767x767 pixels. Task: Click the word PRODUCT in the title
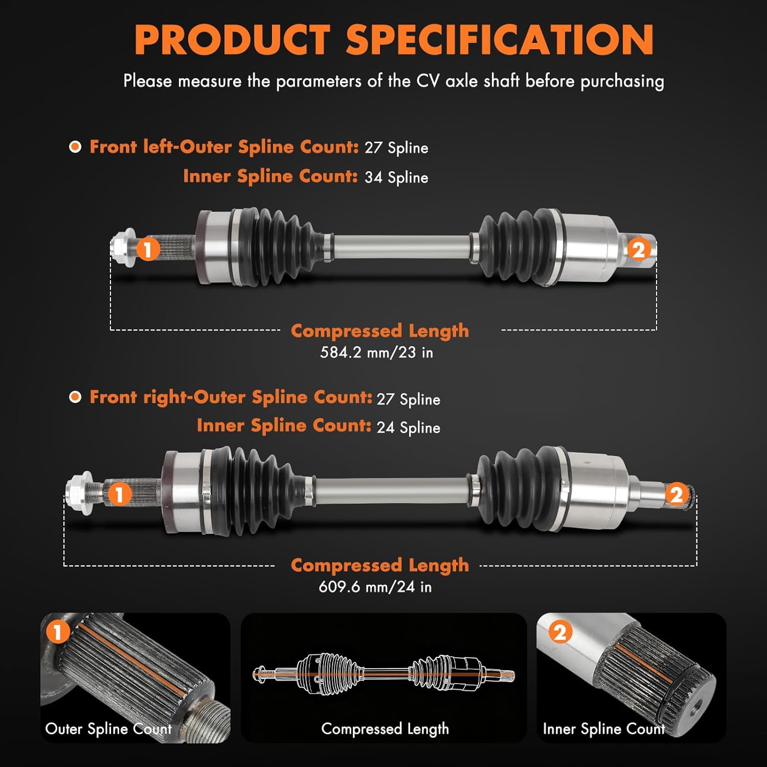[x=232, y=40]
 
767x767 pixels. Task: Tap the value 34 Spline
[x=396, y=177]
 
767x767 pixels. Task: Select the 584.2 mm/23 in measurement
[x=376, y=352]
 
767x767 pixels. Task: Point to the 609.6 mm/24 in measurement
[x=375, y=586]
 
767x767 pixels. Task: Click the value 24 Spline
[x=408, y=427]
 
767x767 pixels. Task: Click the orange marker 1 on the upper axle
[x=148, y=250]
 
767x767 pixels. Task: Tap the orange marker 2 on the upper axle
[x=639, y=250]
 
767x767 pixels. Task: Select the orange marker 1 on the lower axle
[x=119, y=494]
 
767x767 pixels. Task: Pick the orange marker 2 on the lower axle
[x=676, y=494]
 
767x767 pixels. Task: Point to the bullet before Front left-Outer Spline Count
[x=75, y=147]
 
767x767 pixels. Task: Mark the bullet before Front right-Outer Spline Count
[x=75, y=397]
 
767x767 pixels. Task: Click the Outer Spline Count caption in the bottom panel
[x=108, y=729]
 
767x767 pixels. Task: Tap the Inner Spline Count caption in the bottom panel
[x=603, y=729]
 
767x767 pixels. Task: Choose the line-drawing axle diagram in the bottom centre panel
[x=383, y=674]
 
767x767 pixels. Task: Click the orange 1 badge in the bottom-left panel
[x=57, y=632]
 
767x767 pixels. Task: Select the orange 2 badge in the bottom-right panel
[x=560, y=633]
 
